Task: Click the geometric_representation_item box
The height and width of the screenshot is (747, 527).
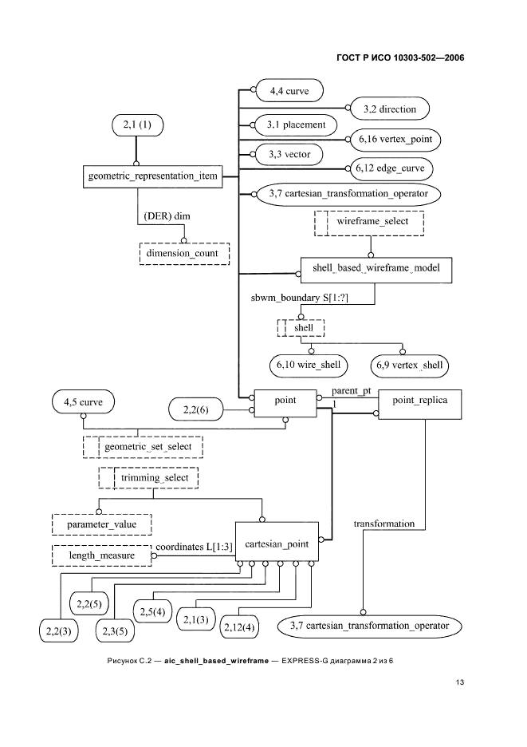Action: (x=151, y=176)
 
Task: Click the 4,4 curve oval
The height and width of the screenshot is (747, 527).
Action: (x=288, y=91)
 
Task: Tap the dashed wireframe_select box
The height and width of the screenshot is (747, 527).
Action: (x=369, y=222)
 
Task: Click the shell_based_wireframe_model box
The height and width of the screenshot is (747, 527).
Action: (x=376, y=270)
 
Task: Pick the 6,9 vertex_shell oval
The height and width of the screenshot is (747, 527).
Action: (x=407, y=365)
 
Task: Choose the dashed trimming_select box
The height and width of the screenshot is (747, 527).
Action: (x=148, y=477)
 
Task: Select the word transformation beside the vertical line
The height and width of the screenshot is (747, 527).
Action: (x=384, y=524)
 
